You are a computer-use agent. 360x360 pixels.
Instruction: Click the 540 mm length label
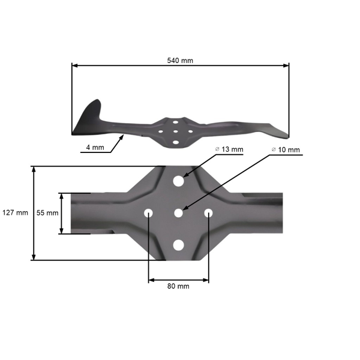[181, 60]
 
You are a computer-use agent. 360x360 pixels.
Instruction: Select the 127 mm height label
[15, 213]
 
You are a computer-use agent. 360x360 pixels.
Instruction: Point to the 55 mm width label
[48, 213]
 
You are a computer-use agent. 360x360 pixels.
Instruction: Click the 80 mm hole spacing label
[178, 286]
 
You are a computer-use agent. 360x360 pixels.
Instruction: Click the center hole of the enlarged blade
[178, 213]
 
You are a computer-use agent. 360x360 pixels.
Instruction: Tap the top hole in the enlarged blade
[178, 181]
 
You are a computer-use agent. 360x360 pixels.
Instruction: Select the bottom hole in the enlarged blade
[178, 244]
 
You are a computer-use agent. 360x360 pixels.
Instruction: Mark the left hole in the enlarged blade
[148, 213]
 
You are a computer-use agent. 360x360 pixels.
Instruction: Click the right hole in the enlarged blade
[209, 213]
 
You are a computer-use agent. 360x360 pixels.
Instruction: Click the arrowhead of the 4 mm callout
[122, 137]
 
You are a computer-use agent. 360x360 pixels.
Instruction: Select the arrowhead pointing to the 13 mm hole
[185, 175]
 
